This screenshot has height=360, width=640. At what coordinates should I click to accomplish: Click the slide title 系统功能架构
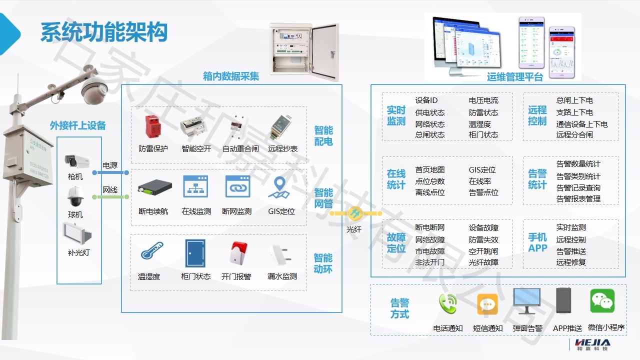(x=103, y=32)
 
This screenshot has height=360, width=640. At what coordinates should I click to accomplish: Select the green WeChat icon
(x=602, y=301)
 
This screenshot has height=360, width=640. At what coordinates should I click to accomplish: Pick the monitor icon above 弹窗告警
(x=527, y=301)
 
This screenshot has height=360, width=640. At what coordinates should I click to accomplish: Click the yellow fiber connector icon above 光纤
(x=354, y=213)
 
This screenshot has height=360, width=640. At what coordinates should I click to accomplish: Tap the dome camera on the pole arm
(x=94, y=90)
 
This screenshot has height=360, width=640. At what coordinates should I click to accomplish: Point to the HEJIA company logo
(x=592, y=343)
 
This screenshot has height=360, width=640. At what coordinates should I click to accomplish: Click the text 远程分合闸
(x=574, y=135)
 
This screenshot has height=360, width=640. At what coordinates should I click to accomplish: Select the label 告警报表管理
(x=578, y=199)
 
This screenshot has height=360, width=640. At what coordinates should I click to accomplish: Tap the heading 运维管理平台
(x=514, y=77)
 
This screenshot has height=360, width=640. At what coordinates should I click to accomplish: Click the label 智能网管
(x=323, y=198)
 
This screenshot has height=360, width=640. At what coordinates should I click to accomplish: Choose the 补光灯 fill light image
(x=77, y=233)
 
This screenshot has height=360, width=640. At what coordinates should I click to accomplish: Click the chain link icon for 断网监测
(x=237, y=186)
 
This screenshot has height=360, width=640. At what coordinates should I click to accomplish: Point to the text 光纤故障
(x=483, y=262)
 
